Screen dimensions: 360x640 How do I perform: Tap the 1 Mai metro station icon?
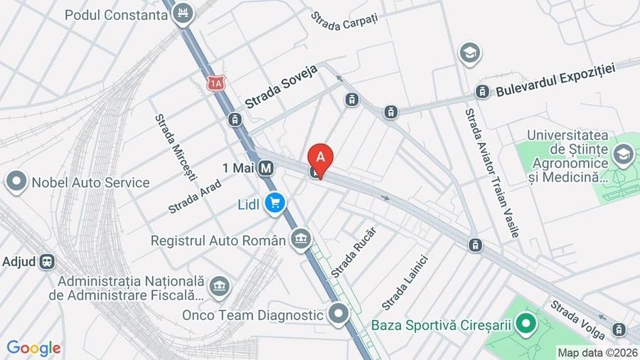[267, 169]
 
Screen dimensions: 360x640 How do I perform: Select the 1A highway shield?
[216, 83]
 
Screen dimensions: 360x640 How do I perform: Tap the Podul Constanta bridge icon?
[184, 14]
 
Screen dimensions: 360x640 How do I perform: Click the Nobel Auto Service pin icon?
[16, 182]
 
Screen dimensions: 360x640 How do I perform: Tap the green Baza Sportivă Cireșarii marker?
[526, 325]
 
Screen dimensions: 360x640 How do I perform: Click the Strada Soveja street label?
[281, 92]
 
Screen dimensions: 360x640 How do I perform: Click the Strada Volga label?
[577, 319]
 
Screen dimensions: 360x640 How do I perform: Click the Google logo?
[33, 349]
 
